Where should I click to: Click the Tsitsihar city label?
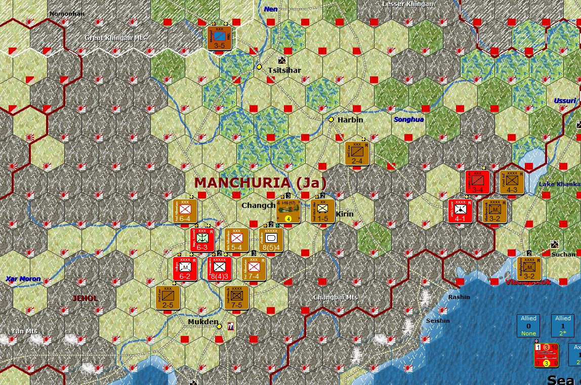[x=284, y=70]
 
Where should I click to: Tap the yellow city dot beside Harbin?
[x=331, y=119]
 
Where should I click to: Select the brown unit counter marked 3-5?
[x=219, y=38]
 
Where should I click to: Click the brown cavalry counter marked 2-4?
[x=357, y=153]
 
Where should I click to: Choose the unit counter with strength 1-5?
[x=323, y=210]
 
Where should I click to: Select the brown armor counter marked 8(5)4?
[x=271, y=240]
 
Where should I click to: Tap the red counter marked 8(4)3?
[x=220, y=269]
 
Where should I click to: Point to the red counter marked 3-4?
[x=477, y=182]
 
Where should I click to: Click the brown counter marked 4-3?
[x=512, y=182]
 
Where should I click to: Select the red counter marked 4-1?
[x=460, y=211]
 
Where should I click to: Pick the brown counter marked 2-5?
[x=168, y=297]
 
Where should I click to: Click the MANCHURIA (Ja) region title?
[x=261, y=182]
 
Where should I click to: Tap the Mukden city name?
[x=203, y=322]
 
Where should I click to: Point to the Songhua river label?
[x=409, y=119]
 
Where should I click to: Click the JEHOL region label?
[x=85, y=298]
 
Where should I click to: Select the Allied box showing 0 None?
[x=528, y=325]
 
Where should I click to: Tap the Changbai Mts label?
[x=336, y=297]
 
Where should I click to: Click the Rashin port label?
[x=459, y=297]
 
